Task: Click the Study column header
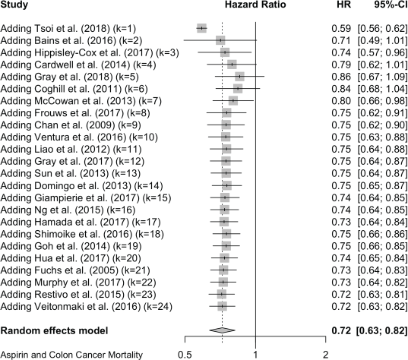point(14,5)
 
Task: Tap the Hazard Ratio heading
point(255,5)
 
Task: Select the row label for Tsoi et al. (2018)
point(68,29)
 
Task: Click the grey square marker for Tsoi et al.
point(201,28)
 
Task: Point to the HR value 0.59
point(341,29)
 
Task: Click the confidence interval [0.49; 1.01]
point(382,40)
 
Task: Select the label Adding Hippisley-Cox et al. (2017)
point(90,52)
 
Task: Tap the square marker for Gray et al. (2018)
point(239,77)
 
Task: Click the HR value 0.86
point(341,77)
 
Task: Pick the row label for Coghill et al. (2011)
point(74,89)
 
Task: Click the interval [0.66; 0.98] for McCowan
point(382,101)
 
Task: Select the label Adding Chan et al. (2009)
point(71,125)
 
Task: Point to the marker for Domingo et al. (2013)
point(227,185)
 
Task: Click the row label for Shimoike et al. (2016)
point(82,234)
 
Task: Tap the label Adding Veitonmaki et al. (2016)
point(87,306)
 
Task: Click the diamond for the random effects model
point(222,330)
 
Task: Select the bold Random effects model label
point(54,330)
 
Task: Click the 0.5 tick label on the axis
point(185,354)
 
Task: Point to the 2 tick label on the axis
point(325,354)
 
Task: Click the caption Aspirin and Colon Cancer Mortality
point(71,354)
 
